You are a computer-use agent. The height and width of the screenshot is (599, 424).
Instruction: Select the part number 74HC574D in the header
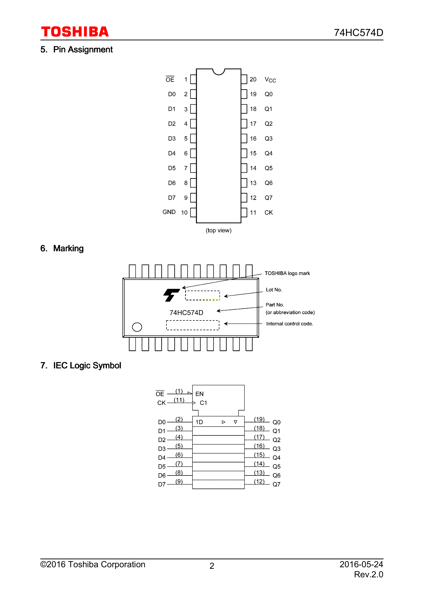click(x=358, y=33)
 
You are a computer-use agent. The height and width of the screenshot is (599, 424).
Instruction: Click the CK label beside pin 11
click(x=269, y=213)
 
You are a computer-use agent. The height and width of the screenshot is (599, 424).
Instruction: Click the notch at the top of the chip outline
click(x=219, y=71)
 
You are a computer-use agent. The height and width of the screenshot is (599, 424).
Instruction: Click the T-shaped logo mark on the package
click(x=171, y=295)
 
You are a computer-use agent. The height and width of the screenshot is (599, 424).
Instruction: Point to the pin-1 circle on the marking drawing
click(x=137, y=327)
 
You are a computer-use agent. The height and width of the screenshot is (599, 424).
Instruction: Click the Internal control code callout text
click(x=289, y=324)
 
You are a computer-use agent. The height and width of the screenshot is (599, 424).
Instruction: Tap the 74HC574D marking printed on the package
click(x=186, y=313)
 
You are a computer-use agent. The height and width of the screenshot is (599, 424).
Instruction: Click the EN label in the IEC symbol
click(x=199, y=394)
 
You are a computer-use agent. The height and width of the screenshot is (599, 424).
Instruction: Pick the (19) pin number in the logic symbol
click(x=259, y=419)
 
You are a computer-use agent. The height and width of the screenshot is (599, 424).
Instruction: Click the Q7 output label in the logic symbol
click(x=276, y=484)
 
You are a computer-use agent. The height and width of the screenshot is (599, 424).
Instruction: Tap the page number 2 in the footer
click(x=212, y=566)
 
